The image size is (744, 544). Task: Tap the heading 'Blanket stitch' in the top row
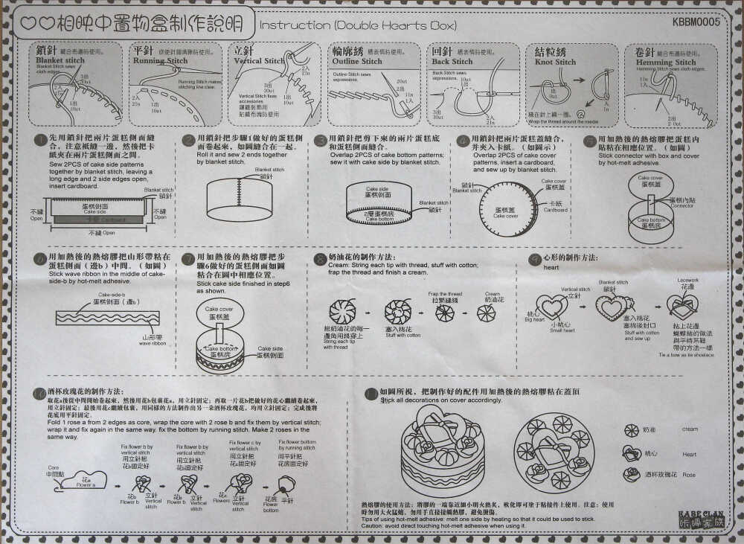point(60,61)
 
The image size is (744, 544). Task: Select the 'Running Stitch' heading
point(160,61)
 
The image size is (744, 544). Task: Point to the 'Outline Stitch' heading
point(357,61)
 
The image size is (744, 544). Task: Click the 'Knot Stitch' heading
point(555,63)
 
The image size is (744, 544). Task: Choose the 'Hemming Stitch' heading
point(666,63)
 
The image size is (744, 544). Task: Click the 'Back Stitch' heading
point(452,62)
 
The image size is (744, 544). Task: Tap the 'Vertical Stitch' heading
point(258,61)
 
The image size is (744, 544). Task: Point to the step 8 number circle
point(320,257)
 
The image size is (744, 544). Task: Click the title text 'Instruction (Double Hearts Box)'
point(358,25)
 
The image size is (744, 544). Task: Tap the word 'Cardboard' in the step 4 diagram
point(554,210)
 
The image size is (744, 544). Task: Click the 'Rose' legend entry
point(689,474)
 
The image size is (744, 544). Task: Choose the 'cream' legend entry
point(690,429)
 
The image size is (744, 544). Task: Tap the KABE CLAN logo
point(700,518)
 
